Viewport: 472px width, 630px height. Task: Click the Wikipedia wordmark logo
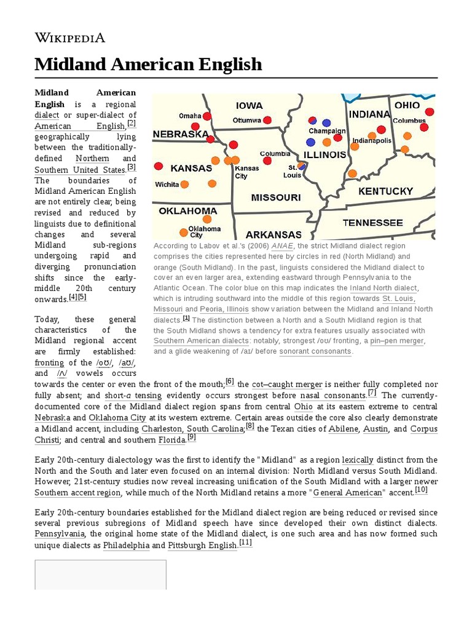[69, 38]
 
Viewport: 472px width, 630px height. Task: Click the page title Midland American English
[148, 64]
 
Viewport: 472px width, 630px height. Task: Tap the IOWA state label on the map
[249, 105]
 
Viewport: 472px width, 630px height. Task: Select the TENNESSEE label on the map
[372, 223]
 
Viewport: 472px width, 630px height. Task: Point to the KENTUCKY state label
[385, 191]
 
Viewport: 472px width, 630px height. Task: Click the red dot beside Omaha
[207, 116]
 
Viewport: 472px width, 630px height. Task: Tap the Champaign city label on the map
[327, 131]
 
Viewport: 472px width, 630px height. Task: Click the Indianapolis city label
[372, 141]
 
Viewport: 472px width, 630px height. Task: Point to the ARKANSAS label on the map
[273, 234]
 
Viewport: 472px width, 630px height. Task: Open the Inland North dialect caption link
[383, 287]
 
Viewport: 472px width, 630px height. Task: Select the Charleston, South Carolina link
[193, 428]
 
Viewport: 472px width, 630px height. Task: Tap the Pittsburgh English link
[202, 545]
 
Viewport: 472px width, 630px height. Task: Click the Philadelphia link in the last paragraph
[126, 545]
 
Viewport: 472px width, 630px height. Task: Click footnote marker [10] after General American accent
[421, 490]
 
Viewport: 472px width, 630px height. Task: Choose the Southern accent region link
[77, 493]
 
